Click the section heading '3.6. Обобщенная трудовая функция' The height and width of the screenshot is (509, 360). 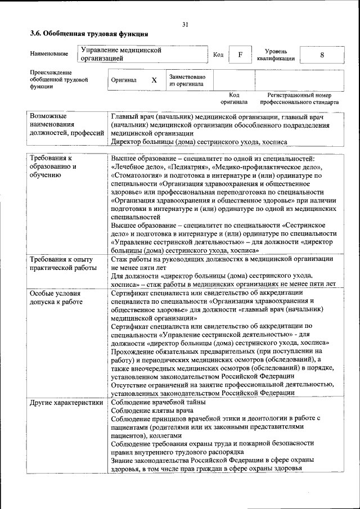[89, 34]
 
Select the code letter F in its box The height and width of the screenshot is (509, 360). [240, 55]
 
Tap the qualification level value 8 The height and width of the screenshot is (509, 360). [322, 55]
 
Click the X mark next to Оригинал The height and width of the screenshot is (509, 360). [154, 80]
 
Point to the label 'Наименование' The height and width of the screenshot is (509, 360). [49, 54]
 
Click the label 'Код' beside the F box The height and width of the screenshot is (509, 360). [218, 55]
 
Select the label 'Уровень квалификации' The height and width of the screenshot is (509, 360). [276, 55]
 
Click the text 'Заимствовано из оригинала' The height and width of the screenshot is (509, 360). [187, 80]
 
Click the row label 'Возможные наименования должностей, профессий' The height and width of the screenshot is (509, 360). [67, 124]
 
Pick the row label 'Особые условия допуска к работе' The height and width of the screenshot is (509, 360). [56, 298]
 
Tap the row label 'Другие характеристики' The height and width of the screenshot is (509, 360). [67, 402]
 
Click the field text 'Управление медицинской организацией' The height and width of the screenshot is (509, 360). [121, 54]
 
